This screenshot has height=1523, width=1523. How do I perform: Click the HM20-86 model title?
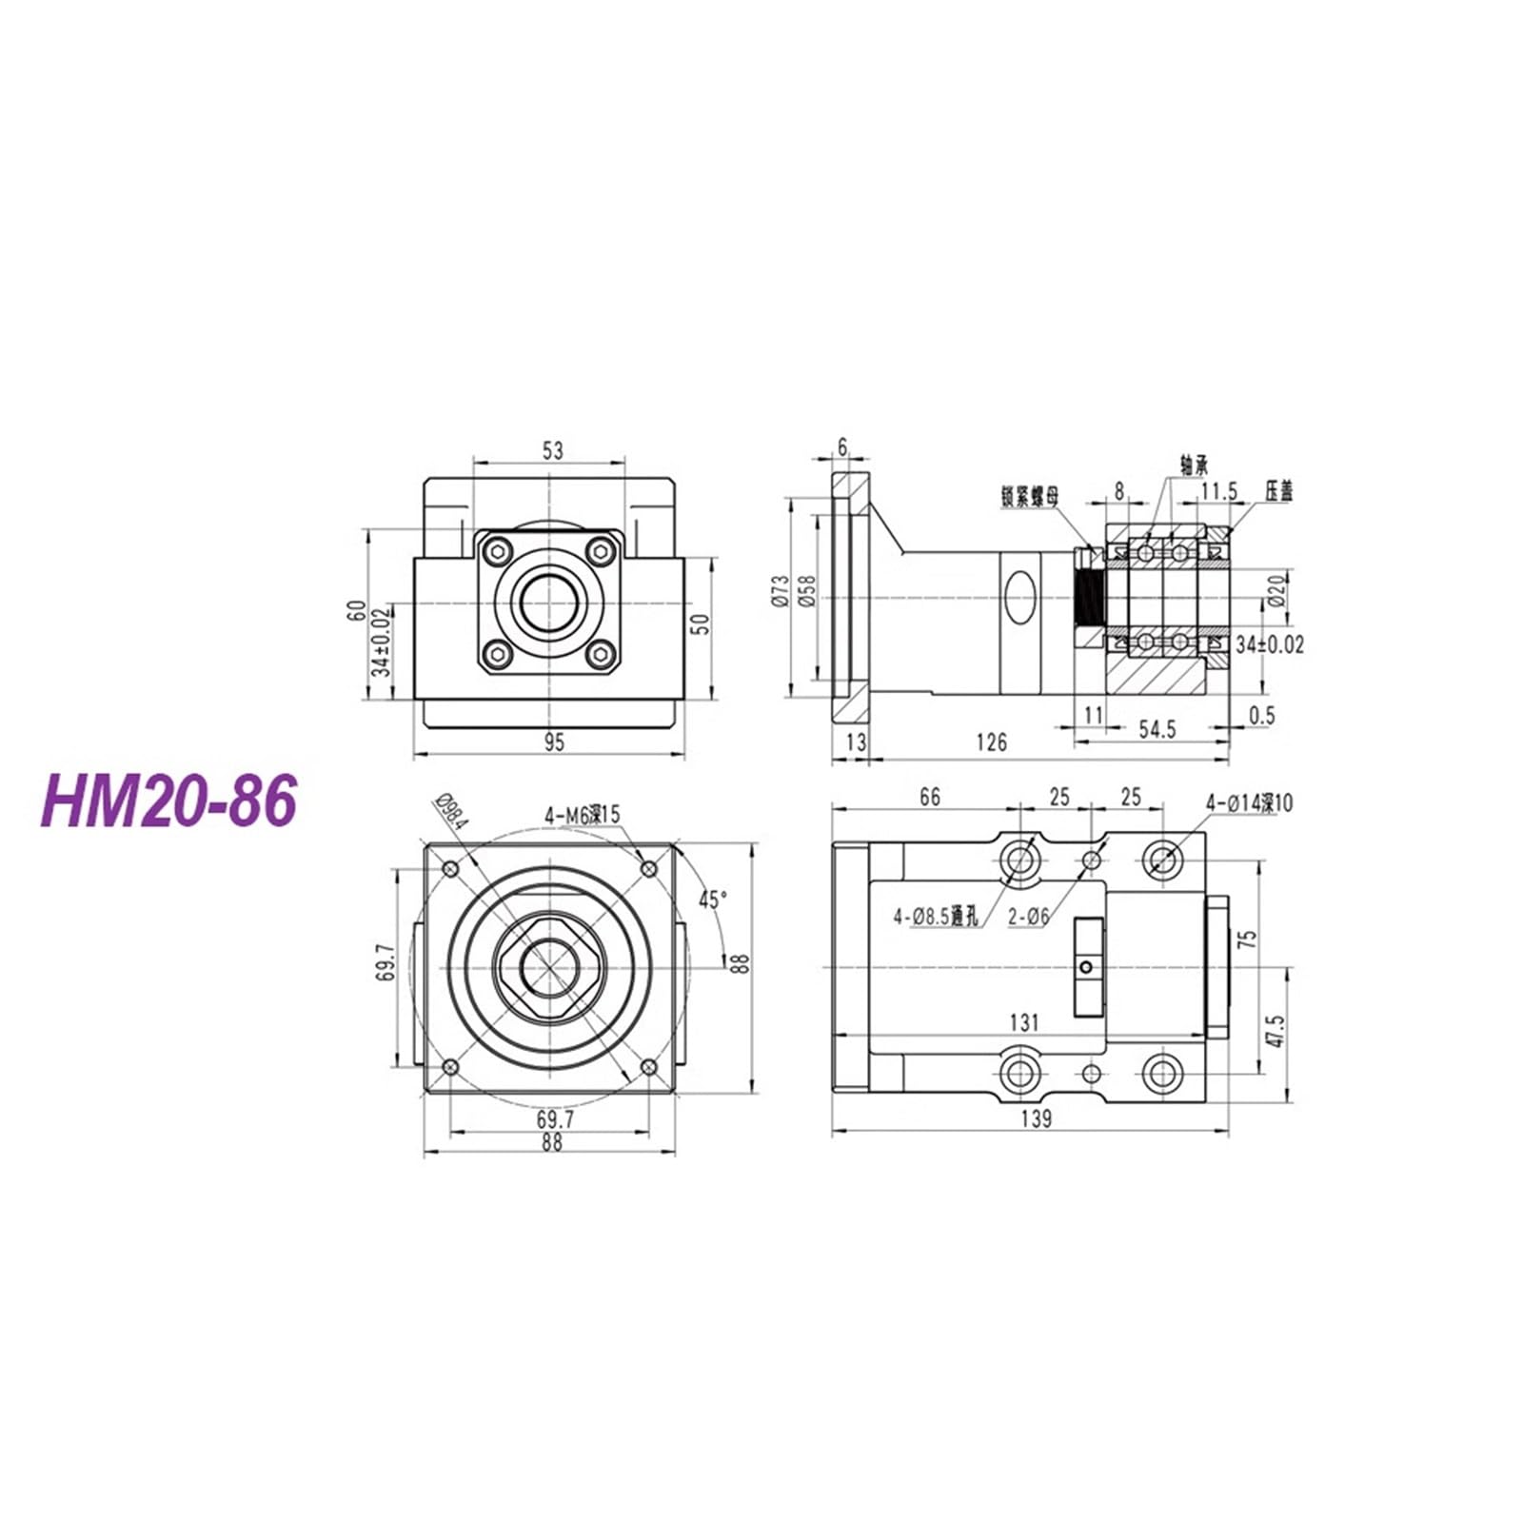pos(168,800)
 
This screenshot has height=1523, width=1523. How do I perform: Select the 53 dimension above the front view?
pos(552,450)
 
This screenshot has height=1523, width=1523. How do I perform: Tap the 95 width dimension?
pos(553,742)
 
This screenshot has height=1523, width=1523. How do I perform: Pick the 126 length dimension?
pos(991,742)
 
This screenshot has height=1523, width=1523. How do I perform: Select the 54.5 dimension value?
pos(1157,729)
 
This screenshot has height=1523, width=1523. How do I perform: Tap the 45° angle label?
pos(713,899)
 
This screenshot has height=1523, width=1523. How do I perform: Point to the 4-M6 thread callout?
pos(582,815)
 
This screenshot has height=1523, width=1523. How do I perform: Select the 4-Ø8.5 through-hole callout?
pos(935,918)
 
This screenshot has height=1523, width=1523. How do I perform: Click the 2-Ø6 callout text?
pos(1029,918)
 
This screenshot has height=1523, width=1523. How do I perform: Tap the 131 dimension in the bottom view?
pos(1023,1022)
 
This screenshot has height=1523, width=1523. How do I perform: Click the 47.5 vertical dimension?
pos(1276,1031)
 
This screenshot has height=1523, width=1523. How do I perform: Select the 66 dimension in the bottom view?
pos(929,797)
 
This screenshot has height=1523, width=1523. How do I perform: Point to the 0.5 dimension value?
pos(1260,716)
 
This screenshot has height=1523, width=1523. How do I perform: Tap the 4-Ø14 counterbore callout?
pos(1249,802)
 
